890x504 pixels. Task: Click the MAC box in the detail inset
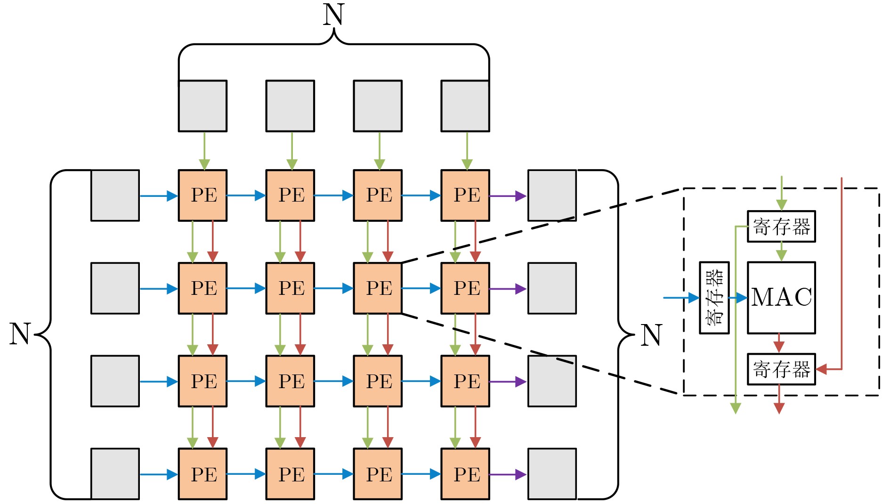pyautogui.click(x=781, y=298)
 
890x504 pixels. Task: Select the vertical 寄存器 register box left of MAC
pyautogui.click(x=714, y=298)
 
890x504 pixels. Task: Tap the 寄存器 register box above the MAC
pyautogui.click(x=781, y=227)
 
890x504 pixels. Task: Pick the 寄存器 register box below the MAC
pyautogui.click(x=781, y=369)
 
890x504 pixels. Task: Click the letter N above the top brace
pyautogui.click(x=333, y=15)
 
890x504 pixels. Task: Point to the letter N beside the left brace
pyautogui.click(x=20, y=334)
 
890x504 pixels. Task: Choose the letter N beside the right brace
pyautogui.click(x=652, y=335)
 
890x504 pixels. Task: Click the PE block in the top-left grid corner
pyautogui.click(x=202, y=195)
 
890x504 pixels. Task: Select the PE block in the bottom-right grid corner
pyautogui.click(x=465, y=474)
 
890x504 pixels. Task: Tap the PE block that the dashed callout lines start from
pyautogui.click(x=378, y=288)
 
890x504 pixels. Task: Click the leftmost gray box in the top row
pyautogui.click(x=202, y=106)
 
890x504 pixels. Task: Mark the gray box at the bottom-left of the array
pyautogui.click(x=115, y=474)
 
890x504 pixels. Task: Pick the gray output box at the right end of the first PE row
pyautogui.click(x=552, y=195)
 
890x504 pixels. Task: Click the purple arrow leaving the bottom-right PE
pyautogui.click(x=508, y=474)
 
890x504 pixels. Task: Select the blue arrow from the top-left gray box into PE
pyautogui.click(x=159, y=196)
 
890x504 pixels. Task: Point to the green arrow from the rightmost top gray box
pyautogui.click(x=467, y=151)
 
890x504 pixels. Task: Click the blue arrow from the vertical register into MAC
pyautogui.click(x=738, y=298)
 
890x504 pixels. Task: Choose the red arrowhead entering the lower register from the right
pyautogui.click(x=822, y=369)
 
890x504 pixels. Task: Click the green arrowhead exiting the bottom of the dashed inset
pyautogui.click(x=736, y=408)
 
